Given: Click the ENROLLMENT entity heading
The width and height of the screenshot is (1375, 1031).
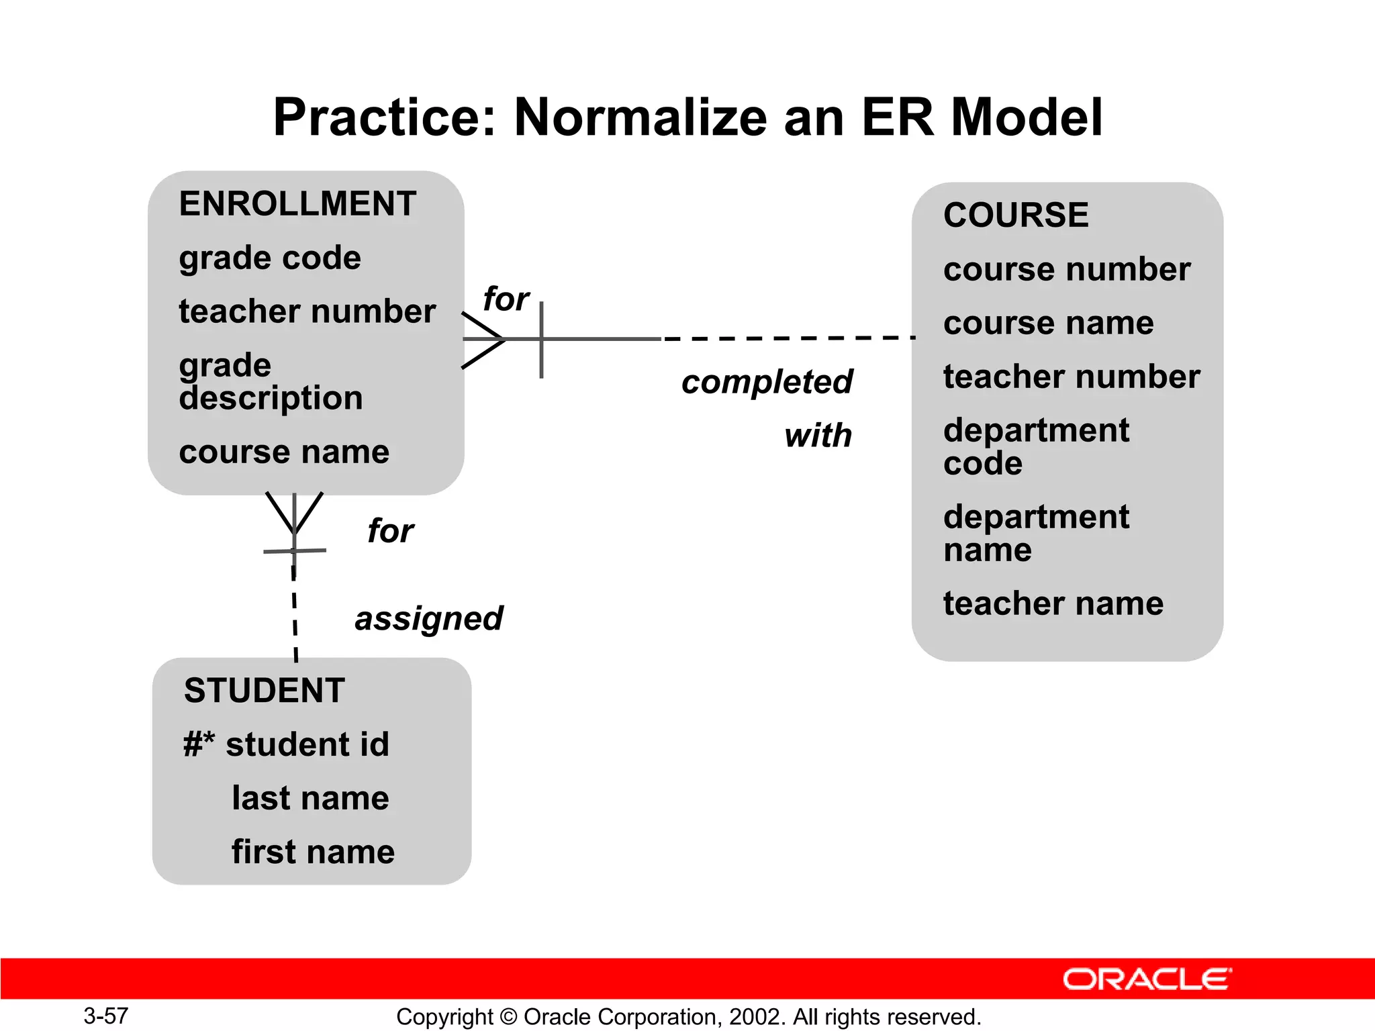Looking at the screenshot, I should pyautogui.click(x=297, y=204).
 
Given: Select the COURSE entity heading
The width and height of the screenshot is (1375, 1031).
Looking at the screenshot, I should pyautogui.click(x=1015, y=215).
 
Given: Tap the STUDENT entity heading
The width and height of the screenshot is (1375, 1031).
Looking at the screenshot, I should pyautogui.click(x=265, y=691).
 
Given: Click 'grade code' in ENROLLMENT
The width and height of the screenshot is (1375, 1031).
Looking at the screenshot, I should pyautogui.click(x=270, y=258).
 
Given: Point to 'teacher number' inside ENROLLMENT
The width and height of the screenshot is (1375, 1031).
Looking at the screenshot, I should pyautogui.click(x=307, y=311).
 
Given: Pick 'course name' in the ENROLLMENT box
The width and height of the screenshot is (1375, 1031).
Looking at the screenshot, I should pyautogui.click(x=284, y=452).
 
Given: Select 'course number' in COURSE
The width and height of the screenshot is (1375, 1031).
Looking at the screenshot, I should pyautogui.click(x=1066, y=269).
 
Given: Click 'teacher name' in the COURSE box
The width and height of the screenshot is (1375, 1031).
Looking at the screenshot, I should pyautogui.click(x=1053, y=603).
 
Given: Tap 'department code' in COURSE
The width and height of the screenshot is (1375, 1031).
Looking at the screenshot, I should pyautogui.click(x=1035, y=446).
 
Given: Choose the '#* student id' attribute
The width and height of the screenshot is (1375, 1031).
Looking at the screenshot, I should pyautogui.click(x=287, y=744).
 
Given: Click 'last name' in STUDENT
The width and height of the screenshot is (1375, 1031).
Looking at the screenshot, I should pyautogui.click(x=310, y=798).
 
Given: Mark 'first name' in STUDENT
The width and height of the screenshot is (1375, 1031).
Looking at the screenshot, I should pyautogui.click(x=313, y=852).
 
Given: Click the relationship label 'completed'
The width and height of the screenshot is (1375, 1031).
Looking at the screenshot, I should pyautogui.click(x=767, y=382).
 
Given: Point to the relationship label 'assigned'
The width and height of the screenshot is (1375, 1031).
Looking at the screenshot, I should pyautogui.click(x=428, y=618).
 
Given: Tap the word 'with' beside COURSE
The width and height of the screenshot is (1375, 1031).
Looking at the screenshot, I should pyautogui.click(x=818, y=436).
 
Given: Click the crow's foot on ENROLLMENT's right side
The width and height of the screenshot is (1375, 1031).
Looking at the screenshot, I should pyautogui.click(x=483, y=340).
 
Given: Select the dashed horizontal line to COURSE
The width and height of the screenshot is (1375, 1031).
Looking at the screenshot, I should pyautogui.click(x=789, y=338).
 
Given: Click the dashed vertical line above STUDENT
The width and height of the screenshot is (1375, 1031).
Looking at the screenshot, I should pyautogui.click(x=295, y=614).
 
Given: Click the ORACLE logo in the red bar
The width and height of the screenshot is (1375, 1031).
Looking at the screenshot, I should pyautogui.click(x=1147, y=979).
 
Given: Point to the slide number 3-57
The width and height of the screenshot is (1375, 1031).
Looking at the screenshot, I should pyautogui.click(x=105, y=1016).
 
